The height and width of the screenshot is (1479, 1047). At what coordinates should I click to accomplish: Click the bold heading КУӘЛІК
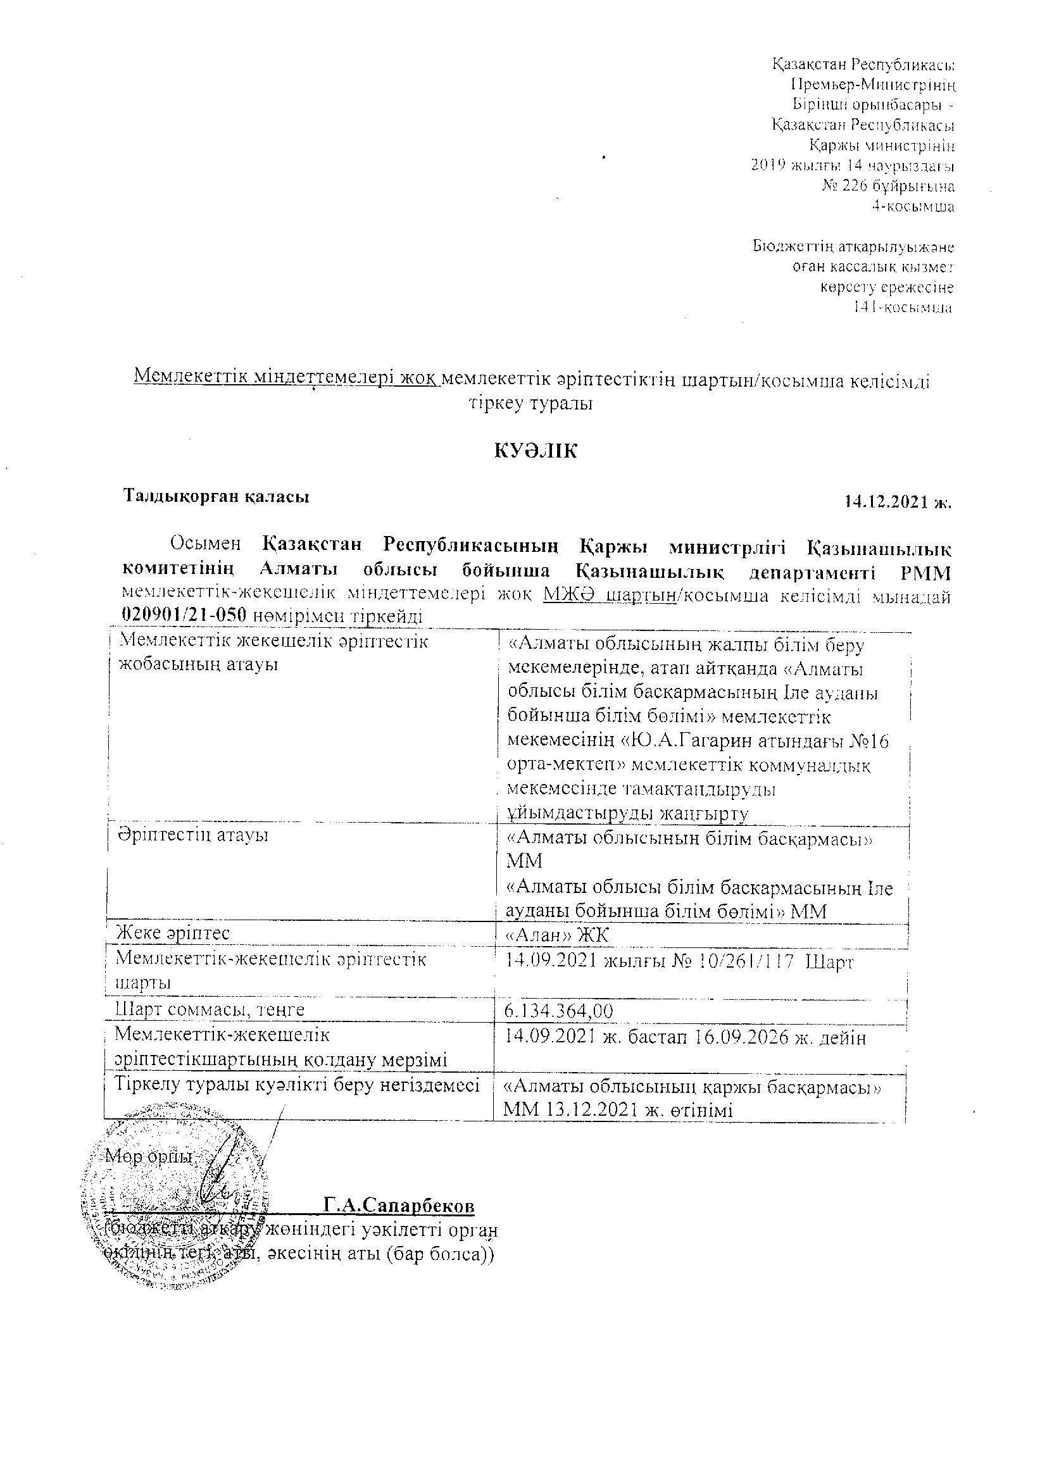(x=536, y=451)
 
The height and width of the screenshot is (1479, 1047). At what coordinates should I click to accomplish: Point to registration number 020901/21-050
(x=184, y=615)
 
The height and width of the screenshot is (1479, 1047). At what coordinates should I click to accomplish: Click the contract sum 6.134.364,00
(x=560, y=1011)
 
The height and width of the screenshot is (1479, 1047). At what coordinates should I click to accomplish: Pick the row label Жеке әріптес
(x=172, y=932)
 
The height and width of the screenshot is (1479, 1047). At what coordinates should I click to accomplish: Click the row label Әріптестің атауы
(x=192, y=835)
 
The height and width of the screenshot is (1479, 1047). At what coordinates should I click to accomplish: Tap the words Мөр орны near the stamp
(x=149, y=1157)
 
